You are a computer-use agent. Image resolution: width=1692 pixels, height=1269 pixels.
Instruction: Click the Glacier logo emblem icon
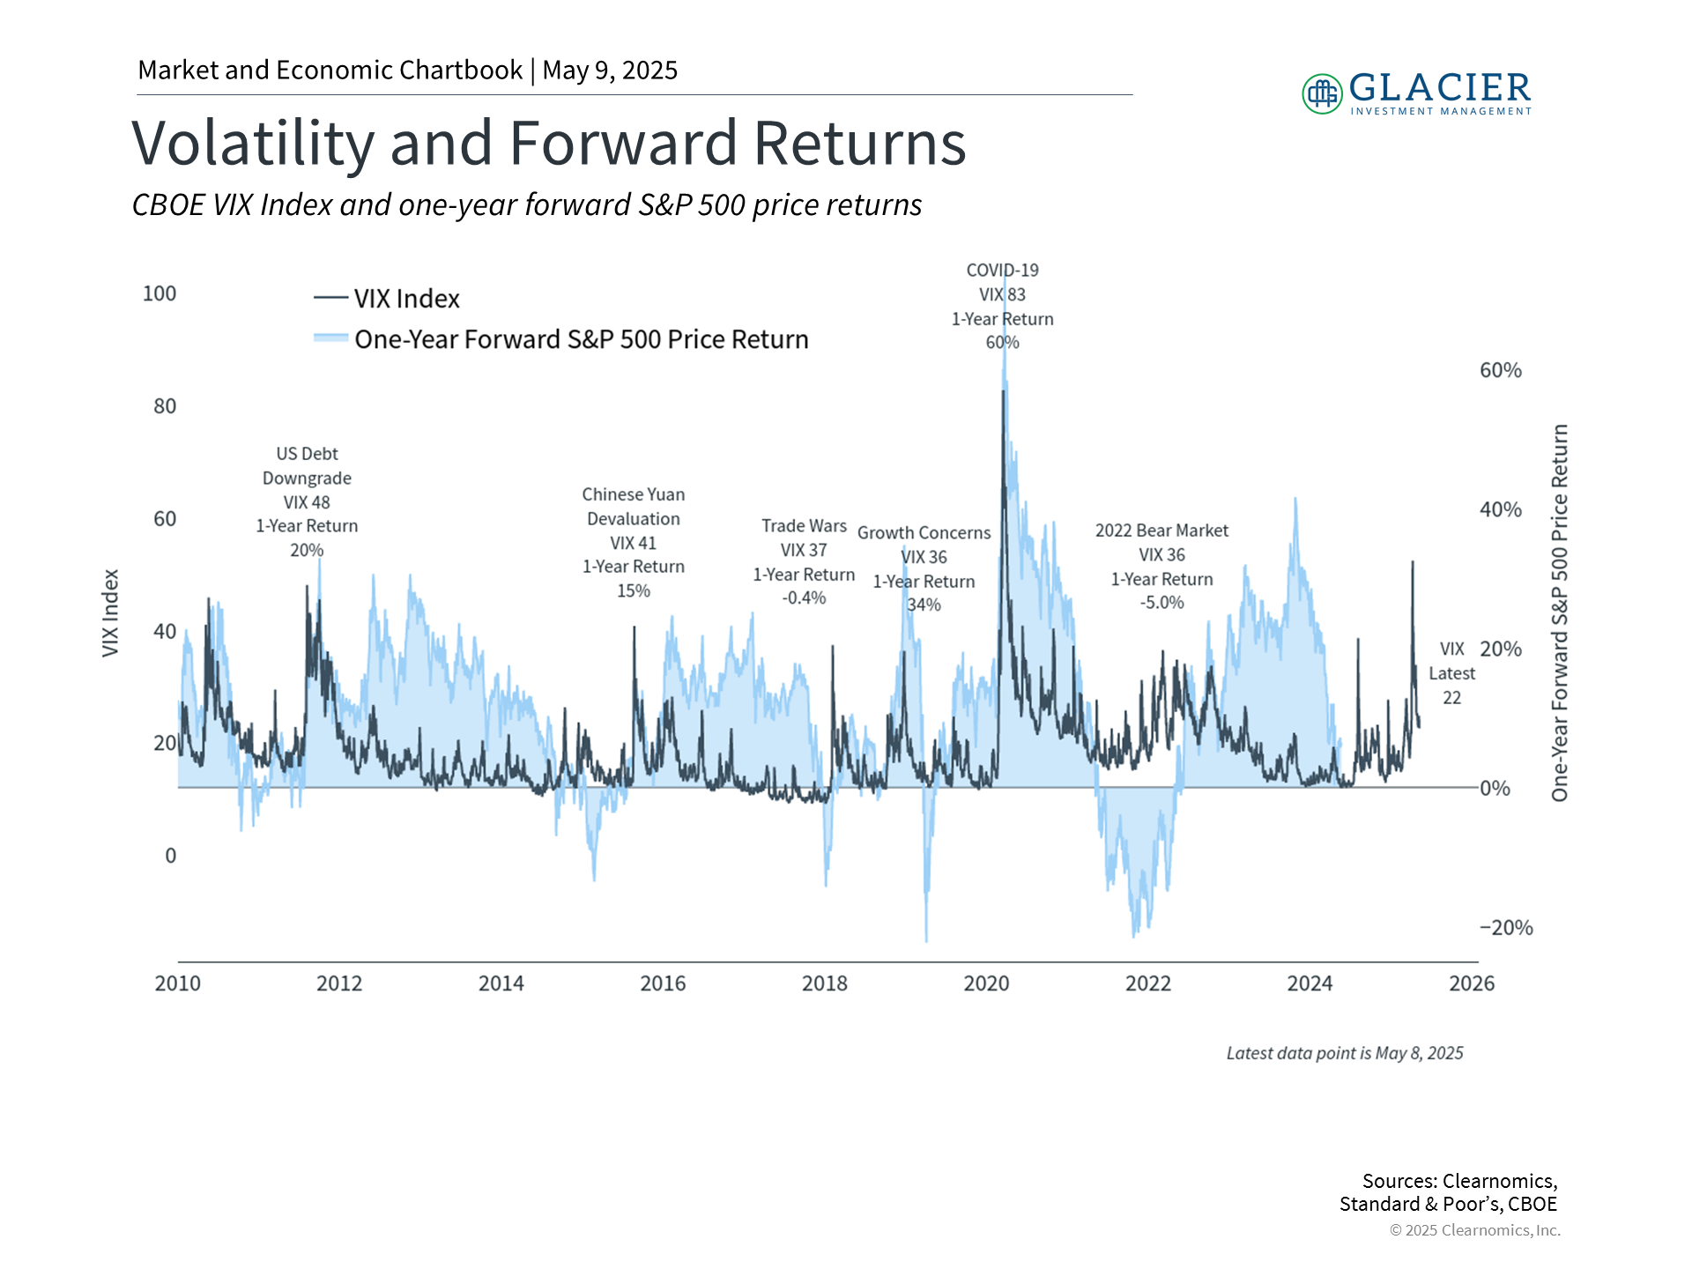click(1322, 93)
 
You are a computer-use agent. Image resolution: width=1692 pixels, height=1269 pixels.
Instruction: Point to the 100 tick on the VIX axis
click(160, 293)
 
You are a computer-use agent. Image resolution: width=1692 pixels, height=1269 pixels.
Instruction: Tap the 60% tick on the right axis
click(1500, 370)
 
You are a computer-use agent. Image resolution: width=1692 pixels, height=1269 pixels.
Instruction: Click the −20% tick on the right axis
click(1505, 927)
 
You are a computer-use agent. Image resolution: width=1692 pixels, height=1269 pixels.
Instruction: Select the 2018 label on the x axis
click(824, 983)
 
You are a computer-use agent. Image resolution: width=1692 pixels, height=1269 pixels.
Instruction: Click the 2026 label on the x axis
click(1471, 983)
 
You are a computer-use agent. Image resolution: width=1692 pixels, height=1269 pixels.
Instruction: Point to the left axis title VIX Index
click(110, 612)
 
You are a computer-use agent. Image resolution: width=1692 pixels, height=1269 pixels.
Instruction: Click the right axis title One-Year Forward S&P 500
click(1559, 612)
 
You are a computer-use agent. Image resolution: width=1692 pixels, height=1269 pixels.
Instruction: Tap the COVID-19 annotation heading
click(1002, 271)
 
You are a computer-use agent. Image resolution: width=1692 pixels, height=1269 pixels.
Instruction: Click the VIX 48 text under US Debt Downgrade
click(307, 502)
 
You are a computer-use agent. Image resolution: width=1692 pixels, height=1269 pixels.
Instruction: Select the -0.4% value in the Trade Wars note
click(804, 598)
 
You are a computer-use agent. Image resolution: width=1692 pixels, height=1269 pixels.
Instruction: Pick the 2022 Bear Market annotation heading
click(1161, 531)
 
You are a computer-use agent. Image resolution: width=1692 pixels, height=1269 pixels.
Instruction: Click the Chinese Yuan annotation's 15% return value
click(633, 591)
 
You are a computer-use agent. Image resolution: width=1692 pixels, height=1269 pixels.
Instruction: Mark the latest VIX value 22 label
click(1451, 698)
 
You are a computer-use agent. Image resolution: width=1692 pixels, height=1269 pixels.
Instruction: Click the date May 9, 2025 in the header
click(610, 70)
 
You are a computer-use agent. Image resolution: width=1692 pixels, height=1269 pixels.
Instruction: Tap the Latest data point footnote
click(1344, 1053)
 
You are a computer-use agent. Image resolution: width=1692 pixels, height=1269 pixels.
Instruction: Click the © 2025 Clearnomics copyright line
click(1474, 1230)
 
